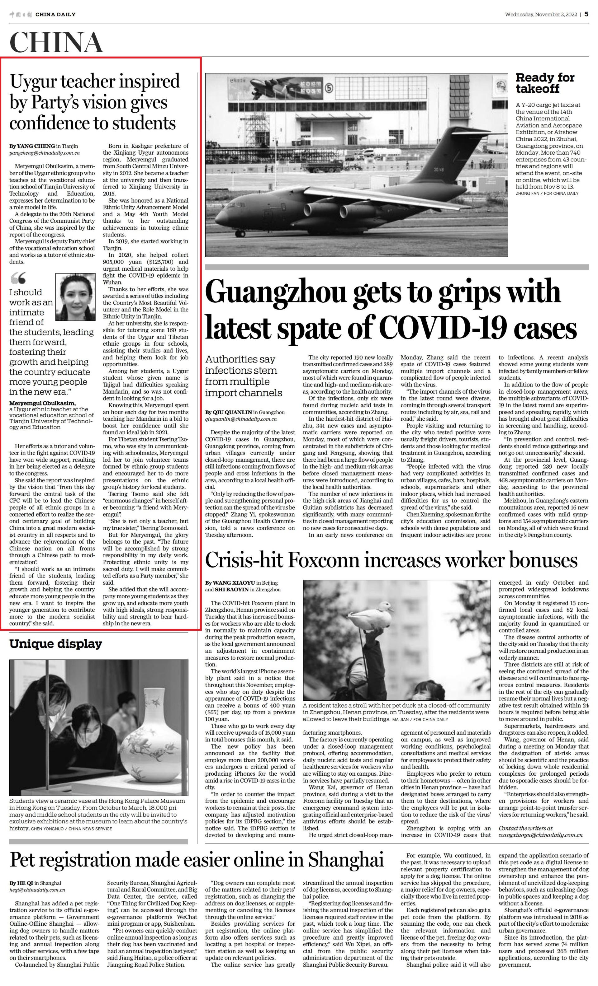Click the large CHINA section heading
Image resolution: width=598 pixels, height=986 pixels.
56,42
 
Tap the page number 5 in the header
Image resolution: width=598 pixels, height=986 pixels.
586,14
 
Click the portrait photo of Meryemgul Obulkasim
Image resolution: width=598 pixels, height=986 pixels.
75,297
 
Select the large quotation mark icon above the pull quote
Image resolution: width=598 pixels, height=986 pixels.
18,278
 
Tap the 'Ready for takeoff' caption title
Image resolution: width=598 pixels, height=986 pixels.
545,83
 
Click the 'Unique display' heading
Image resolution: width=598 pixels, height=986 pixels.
56,644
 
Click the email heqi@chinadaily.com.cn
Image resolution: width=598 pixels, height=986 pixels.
37,890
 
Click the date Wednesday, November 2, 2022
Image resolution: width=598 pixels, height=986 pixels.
541,14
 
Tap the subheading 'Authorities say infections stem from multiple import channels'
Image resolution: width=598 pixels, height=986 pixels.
244,376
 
